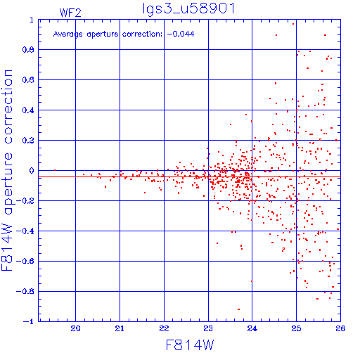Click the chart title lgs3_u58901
188,9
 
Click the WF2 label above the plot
70,13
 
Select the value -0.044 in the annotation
181,34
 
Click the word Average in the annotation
68,34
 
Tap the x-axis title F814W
190,345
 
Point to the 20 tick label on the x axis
75,328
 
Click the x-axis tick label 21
120,328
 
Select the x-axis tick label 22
164,328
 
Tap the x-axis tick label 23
208,328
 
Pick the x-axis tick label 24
252,328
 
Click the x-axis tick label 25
296,328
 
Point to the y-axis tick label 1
32,20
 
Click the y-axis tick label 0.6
28,80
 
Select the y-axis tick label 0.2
28,141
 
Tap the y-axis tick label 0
32,171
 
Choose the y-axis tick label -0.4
25,231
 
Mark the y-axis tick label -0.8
25,291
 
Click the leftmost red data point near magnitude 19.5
55,170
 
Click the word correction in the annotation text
142,34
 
